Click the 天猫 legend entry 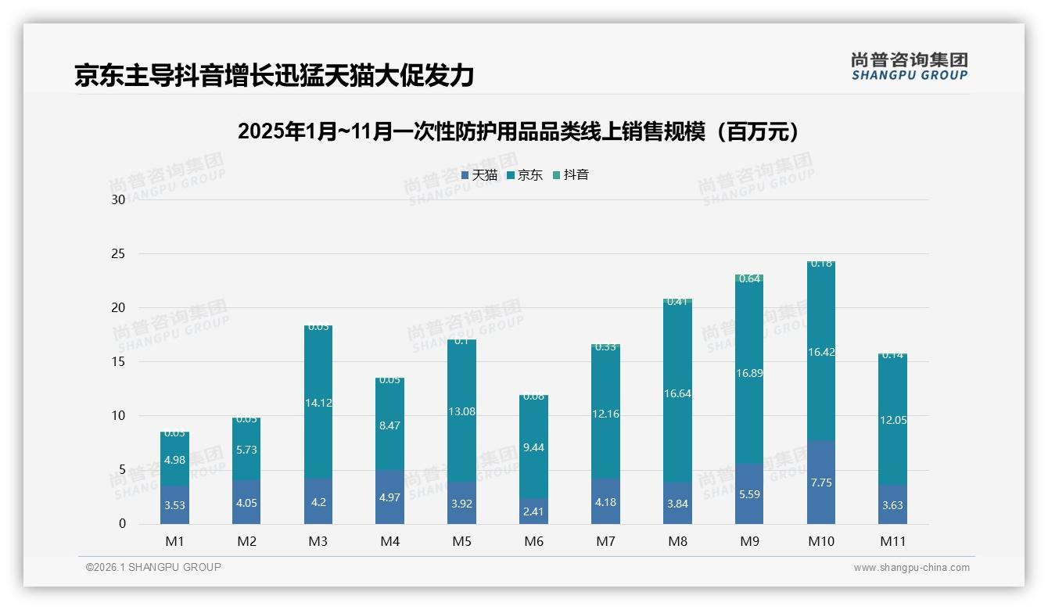tap(479, 175)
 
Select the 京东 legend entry tap(525, 175)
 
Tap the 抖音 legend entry tap(571, 175)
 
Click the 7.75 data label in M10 tap(821, 483)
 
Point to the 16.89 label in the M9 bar tap(749, 373)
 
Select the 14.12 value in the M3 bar tap(318, 404)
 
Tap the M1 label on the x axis tap(174, 541)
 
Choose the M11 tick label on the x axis tap(892, 541)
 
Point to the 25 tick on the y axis tap(118, 254)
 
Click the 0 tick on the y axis tap(122, 524)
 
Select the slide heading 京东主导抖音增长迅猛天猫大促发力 tap(274, 75)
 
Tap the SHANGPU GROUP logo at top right tap(909, 66)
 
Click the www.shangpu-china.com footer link tap(911, 568)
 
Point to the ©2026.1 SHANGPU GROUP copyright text tap(153, 567)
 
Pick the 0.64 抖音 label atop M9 tap(749, 279)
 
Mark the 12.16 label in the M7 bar tap(605, 414)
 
